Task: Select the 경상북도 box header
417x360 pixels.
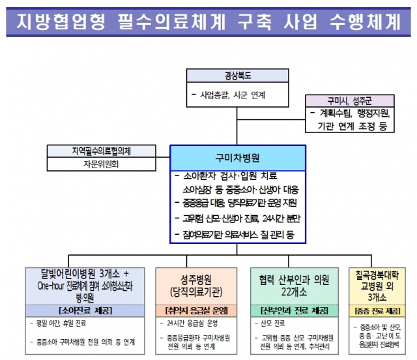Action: tap(238, 75)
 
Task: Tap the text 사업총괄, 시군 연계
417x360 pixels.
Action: tap(232, 95)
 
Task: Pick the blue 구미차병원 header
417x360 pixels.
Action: tap(237, 158)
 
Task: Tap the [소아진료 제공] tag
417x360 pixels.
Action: tap(85, 310)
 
